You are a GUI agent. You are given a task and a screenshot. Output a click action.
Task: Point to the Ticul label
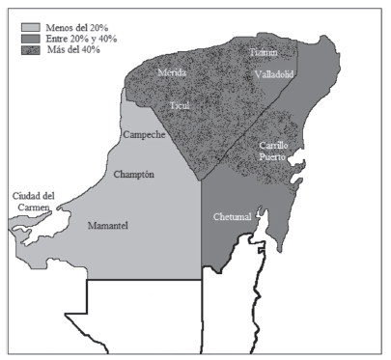click(181, 103)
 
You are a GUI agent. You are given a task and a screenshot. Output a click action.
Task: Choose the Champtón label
click(134, 175)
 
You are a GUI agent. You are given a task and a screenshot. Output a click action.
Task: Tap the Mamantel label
click(109, 225)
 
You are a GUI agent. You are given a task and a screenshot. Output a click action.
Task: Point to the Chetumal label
click(232, 217)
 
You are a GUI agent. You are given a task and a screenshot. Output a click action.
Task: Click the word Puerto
click(277, 155)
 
